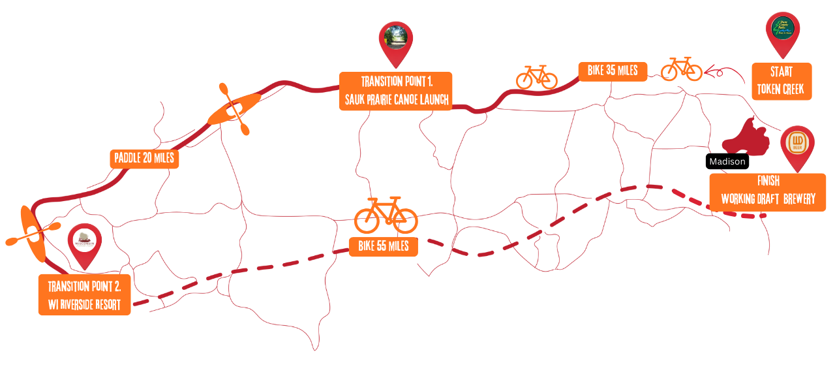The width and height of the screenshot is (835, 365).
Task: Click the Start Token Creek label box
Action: click(781, 82)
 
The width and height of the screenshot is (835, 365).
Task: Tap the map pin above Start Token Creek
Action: click(782, 32)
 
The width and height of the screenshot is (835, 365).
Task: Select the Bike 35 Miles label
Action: click(613, 71)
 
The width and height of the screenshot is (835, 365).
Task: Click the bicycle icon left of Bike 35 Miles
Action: click(536, 78)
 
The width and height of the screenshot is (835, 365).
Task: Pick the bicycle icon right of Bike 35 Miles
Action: click(681, 69)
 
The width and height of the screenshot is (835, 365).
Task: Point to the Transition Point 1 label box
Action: click(395, 91)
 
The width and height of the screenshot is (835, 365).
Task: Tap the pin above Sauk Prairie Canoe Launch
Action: click(396, 40)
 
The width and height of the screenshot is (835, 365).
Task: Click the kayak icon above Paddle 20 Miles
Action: click(234, 108)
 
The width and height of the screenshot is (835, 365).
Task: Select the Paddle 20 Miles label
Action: click(144, 159)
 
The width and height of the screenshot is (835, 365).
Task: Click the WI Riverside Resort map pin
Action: click(85, 243)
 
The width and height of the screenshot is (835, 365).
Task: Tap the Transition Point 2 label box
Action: click(84, 295)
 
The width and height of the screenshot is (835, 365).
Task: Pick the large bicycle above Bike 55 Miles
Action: click(386, 215)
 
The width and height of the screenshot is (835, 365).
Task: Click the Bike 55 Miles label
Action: click(384, 247)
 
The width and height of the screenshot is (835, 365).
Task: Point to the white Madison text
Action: click(727, 161)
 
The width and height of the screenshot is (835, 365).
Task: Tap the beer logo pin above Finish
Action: click(797, 145)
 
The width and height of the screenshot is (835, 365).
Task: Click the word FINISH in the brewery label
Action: click(768, 182)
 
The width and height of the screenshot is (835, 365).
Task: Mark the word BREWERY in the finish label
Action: click(800, 199)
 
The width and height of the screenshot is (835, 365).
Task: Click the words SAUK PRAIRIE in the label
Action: click(372, 100)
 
